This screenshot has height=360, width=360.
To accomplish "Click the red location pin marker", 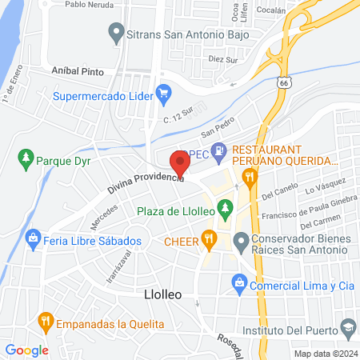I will tap(180, 164).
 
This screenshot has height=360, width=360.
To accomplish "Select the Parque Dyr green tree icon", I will tap(26, 158).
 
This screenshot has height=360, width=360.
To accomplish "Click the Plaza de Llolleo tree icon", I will tap(226, 210).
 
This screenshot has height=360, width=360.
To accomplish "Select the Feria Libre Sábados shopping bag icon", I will tap(33, 238).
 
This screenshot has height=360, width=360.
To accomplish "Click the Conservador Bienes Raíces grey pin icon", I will tap(240, 239).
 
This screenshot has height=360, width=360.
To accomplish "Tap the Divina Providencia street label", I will tap(146, 184).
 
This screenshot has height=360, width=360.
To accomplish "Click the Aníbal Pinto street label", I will tap(78, 70).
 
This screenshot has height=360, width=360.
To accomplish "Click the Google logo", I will tap(26, 350).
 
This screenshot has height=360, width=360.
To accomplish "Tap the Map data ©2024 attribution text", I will tap(324, 354).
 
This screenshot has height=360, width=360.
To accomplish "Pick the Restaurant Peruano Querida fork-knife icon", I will tap(250, 176).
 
